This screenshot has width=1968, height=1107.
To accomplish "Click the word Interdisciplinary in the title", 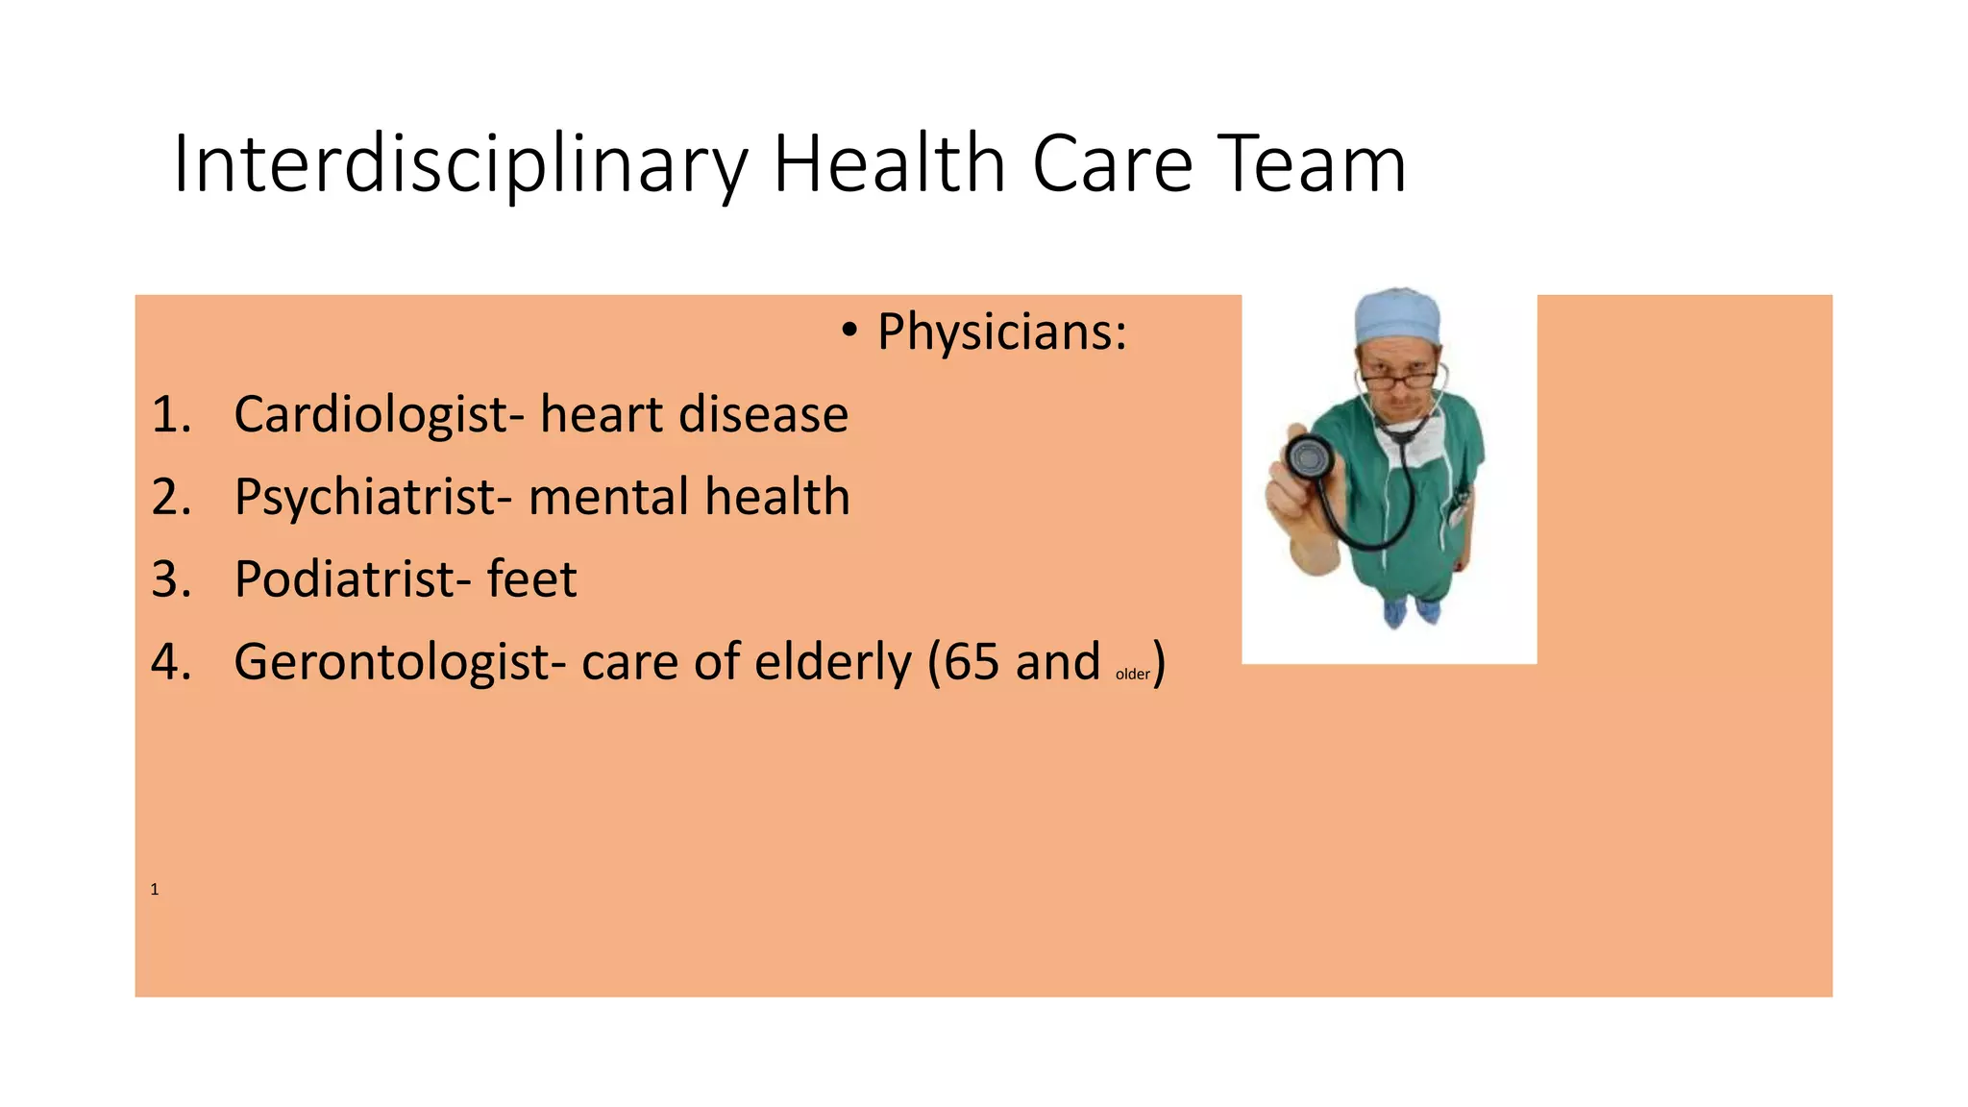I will pyautogui.click(x=459, y=164).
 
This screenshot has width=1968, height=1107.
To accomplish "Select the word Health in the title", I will pyautogui.click(x=890, y=164).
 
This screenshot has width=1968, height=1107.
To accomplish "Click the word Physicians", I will pyautogui.click(x=1001, y=332).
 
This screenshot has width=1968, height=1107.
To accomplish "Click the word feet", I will pyautogui.click(x=531, y=579).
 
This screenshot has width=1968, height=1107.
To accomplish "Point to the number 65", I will pyautogui.click(x=972, y=663).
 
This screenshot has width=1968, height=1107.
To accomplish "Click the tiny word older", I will pyautogui.click(x=1132, y=675).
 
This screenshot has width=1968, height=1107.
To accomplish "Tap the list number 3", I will pyautogui.click(x=171, y=579).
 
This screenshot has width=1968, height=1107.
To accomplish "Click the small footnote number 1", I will pyautogui.click(x=154, y=890).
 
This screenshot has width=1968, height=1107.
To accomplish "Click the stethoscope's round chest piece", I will pyautogui.click(x=1309, y=458).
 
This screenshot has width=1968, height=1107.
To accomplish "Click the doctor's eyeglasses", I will pyautogui.click(x=1403, y=380).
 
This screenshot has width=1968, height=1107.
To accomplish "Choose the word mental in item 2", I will pyautogui.click(x=609, y=498).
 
